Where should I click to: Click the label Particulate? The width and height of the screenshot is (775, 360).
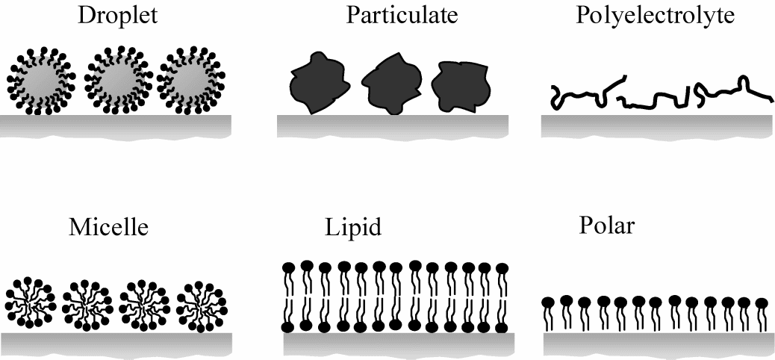[395, 16]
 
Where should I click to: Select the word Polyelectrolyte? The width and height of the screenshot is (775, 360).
[656, 16]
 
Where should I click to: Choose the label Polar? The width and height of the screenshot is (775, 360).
[606, 224]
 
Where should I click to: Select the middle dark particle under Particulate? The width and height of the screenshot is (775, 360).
[390, 82]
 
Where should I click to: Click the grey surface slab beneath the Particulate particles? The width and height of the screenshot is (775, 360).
[393, 126]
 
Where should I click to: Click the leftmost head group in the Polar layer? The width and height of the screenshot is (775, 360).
[549, 302]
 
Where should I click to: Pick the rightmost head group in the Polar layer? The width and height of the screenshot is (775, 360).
[762, 304]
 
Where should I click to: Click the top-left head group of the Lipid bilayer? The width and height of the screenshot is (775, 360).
[291, 266]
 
